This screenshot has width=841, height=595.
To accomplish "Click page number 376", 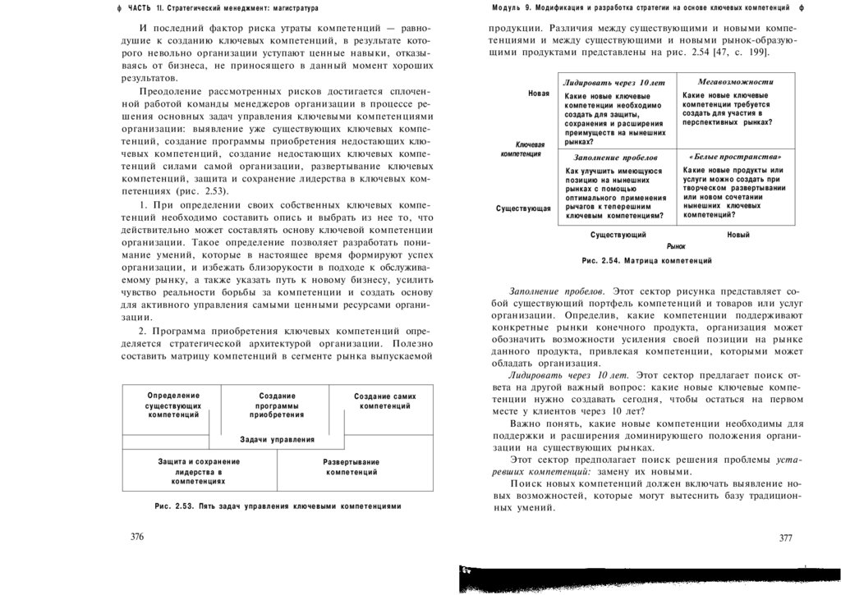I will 137,538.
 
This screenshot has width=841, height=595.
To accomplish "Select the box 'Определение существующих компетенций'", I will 173,405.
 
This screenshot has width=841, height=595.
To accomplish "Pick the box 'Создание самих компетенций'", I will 385,401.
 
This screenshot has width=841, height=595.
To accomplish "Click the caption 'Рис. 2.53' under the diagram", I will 278,506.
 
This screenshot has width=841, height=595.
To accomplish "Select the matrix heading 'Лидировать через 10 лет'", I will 614,83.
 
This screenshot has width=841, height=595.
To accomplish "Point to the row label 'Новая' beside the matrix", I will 539,94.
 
